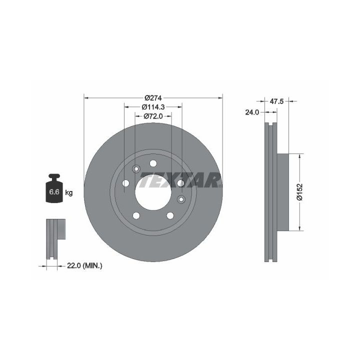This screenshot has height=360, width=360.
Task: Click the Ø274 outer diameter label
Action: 153,98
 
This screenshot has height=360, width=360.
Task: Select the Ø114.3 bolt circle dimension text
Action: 153,107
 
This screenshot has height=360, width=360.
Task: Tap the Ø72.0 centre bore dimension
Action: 153,116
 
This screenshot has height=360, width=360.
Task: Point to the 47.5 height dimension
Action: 276,101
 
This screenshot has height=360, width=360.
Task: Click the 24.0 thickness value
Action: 252,112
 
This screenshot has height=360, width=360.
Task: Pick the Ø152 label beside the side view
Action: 299,192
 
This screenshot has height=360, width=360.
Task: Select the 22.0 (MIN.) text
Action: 84,266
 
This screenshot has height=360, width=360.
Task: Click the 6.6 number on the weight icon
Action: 54,191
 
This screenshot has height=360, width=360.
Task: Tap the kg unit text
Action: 69,193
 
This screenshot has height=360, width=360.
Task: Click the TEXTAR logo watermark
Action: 180,180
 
